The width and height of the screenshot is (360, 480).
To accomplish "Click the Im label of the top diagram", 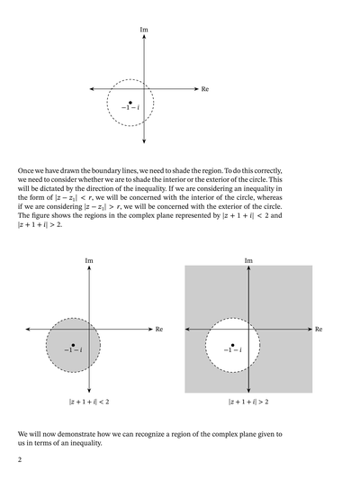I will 144,31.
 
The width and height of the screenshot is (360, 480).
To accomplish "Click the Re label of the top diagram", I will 205,90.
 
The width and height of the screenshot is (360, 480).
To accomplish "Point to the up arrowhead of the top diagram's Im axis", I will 144,39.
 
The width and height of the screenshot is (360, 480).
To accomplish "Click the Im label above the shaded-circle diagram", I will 88,261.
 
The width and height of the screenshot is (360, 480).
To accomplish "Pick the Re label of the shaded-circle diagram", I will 159,330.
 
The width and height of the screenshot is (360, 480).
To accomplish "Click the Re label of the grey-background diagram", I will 319,330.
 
